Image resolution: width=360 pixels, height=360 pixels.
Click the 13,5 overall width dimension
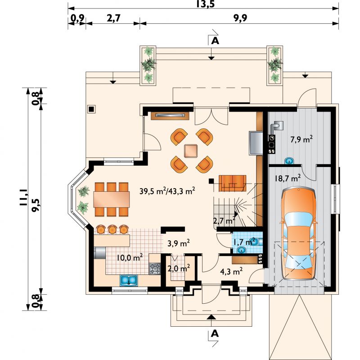(x=206, y=4)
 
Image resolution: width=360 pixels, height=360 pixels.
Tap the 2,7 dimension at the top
(x=113, y=18)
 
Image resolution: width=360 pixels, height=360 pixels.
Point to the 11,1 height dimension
(x=24, y=198)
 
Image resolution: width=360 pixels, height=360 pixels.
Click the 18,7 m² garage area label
(x=288, y=178)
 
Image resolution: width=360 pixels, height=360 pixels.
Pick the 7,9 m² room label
(x=301, y=139)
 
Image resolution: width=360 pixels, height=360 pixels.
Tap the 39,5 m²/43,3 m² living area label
(x=167, y=191)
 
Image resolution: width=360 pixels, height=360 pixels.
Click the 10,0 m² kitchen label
(x=130, y=257)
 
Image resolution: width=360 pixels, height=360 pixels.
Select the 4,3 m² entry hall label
(x=231, y=271)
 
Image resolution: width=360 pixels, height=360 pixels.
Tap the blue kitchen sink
(x=129, y=280)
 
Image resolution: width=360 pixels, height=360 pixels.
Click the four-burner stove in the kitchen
(x=155, y=269)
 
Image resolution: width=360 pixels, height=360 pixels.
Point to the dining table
(x=112, y=199)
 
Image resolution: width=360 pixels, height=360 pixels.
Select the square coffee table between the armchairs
(x=190, y=151)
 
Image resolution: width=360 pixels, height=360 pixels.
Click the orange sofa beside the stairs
(x=232, y=183)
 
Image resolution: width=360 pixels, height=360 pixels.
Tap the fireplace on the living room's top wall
(x=170, y=116)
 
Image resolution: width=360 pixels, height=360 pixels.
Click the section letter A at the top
(x=215, y=41)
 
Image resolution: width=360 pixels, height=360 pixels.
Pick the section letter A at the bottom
(x=215, y=333)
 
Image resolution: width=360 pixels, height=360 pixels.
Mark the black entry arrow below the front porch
(x=211, y=317)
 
